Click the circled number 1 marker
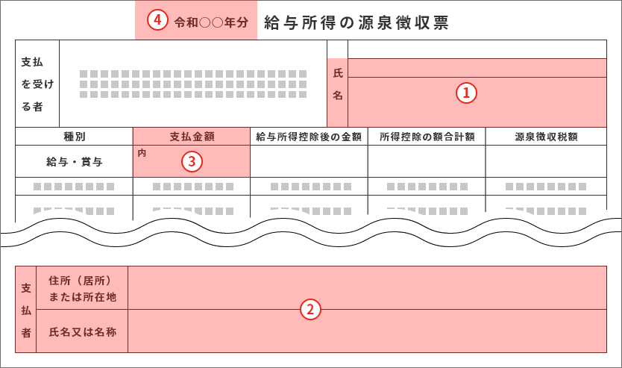click(x=466, y=93)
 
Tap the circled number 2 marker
click(x=310, y=309)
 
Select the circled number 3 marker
click(x=192, y=161)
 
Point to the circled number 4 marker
click(x=158, y=20)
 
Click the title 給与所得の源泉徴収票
click(x=356, y=22)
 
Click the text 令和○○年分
click(x=211, y=22)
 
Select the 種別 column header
click(x=74, y=137)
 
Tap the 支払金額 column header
click(x=192, y=137)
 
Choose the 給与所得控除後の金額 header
click(x=309, y=137)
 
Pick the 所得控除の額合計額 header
click(x=427, y=137)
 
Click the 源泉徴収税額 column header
click(x=546, y=137)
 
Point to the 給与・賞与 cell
click(x=74, y=161)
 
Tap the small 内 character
click(x=142, y=153)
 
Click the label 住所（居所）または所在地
click(x=82, y=289)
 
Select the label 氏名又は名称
click(x=83, y=331)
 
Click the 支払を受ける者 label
click(x=37, y=84)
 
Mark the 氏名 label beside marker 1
click(x=338, y=84)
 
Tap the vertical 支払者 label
click(x=26, y=310)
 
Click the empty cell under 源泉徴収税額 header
click(x=546, y=161)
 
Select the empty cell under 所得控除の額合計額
click(x=427, y=161)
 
